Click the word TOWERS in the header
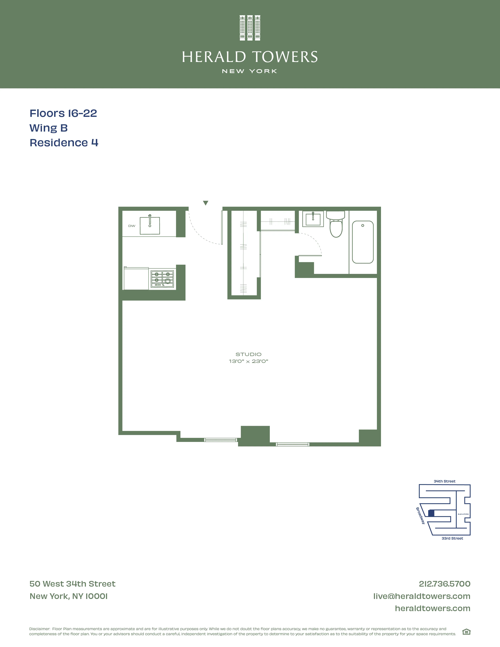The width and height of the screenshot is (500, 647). tap(285, 57)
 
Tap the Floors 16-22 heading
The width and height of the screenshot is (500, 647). tap(63, 113)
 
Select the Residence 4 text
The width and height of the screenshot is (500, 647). tap(64, 143)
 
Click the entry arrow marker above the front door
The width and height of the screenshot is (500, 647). tap(205, 203)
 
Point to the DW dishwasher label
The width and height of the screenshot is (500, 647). tap(132, 226)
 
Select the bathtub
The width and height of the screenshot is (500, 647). tap(363, 242)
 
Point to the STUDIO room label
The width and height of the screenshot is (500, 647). tap(248, 354)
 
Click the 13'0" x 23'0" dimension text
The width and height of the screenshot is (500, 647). tap(248, 361)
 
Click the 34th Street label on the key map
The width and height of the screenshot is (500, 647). tap(444, 481)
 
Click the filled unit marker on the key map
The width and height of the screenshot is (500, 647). tap(431, 513)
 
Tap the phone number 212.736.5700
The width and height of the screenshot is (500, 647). tap(444, 584)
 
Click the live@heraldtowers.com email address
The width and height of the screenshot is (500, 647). tap(422, 596)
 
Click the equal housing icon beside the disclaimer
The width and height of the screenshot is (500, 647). tap(466, 632)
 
